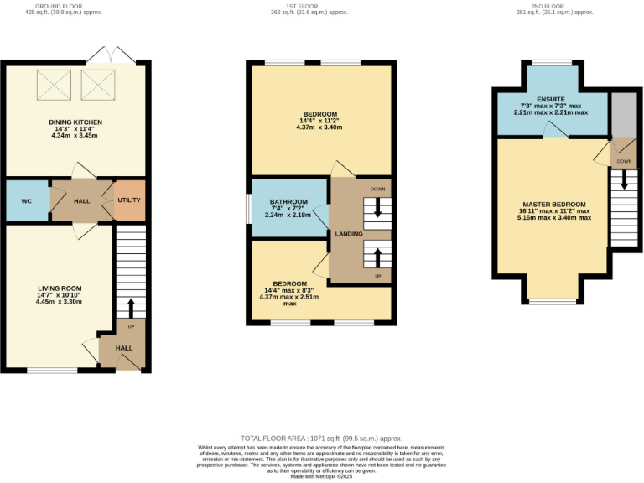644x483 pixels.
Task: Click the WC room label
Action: pyautogui.click(x=26, y=201)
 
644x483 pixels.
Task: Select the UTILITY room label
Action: pyautogui.click(x=129, y=200)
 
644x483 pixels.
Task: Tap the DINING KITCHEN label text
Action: pyautogui.click(x=75, y=122)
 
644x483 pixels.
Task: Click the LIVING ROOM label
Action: pyautogui.click(x=58, y=288)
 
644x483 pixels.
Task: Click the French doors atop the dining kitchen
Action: pyautogui.click(x=111, y=55)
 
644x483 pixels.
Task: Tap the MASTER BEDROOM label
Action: pyautogui.click(x=553, y=205)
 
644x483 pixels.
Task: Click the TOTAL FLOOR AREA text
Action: pyautogui.click(x=321, y=439)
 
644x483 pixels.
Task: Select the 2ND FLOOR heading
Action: pyautogui.click(x=553, y=6)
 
